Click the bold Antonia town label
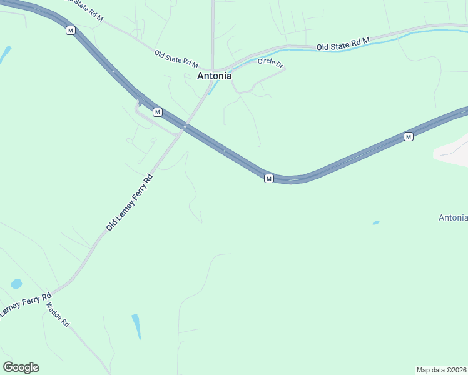pos(214,76)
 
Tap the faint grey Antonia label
pos(453,217)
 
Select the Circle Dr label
pos(270,63)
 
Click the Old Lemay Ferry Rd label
pos(129,203)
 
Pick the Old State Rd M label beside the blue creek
pos(343,44)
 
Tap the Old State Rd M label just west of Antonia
pos(176,59)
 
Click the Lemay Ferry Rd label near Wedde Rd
pos(25,304)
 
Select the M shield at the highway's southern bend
pos(268,179)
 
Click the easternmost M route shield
pos(408,136)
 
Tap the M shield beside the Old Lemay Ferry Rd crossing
pos(158,112)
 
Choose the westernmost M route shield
pos(70,30)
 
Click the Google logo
pos(21,367)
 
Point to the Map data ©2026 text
pos(441,369)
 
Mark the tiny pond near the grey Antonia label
pos(375,222)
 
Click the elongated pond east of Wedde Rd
pos(136,326)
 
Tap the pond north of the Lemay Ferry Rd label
pos(16,284)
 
